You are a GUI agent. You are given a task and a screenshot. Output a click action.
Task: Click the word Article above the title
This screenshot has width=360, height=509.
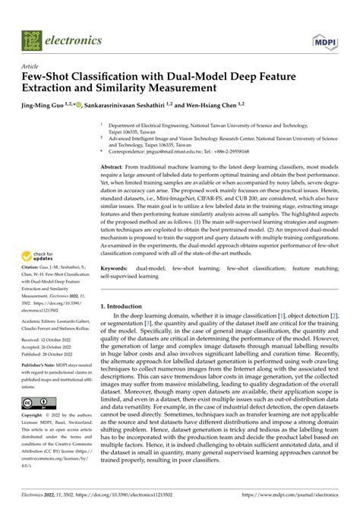[31, 66]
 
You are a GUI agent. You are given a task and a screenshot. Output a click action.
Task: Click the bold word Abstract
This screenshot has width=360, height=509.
[115, 166]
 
